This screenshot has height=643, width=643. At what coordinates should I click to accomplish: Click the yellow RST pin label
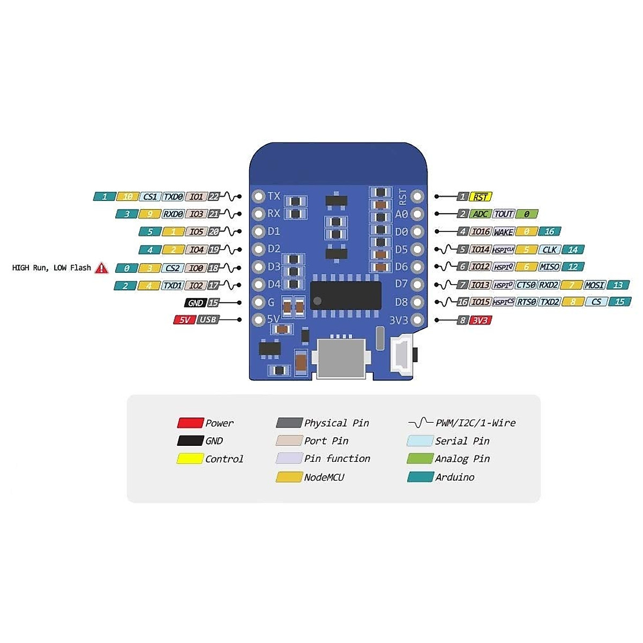click(481, 197)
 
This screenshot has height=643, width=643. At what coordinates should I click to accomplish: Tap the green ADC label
click(480, 214)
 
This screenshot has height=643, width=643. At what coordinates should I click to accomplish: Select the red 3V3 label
click(481, 320)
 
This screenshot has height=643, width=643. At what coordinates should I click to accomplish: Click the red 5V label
click(184, 320)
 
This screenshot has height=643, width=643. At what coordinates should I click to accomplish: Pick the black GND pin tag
click(196, 303)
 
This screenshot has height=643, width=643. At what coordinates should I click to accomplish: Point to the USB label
click(208, 320)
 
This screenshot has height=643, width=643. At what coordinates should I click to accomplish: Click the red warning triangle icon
click(101, 268)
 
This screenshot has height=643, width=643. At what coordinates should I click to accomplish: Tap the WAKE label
click(503, 232)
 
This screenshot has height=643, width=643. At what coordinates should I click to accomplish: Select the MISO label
click(550, 267)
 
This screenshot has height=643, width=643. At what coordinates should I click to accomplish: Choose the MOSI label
click(595, 285)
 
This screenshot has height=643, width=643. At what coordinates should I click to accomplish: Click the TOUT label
click(504, 214)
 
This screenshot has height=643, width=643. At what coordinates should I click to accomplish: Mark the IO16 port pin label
click(480, 232)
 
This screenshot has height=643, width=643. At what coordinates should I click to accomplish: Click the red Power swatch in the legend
click(190, 423)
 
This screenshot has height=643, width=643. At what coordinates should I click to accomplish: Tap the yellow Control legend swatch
click(190, 459)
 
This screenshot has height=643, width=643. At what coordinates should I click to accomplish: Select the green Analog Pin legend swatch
click(420, 459)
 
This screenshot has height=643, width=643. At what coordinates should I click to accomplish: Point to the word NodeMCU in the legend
click(324, 477)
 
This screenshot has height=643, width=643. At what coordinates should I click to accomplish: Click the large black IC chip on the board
click(346, 295)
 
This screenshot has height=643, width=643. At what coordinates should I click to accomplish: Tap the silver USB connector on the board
click(341, 358)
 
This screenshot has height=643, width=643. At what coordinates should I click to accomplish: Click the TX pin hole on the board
click(259, 196)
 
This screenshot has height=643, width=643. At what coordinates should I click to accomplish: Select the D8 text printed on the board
click(401, 302)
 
